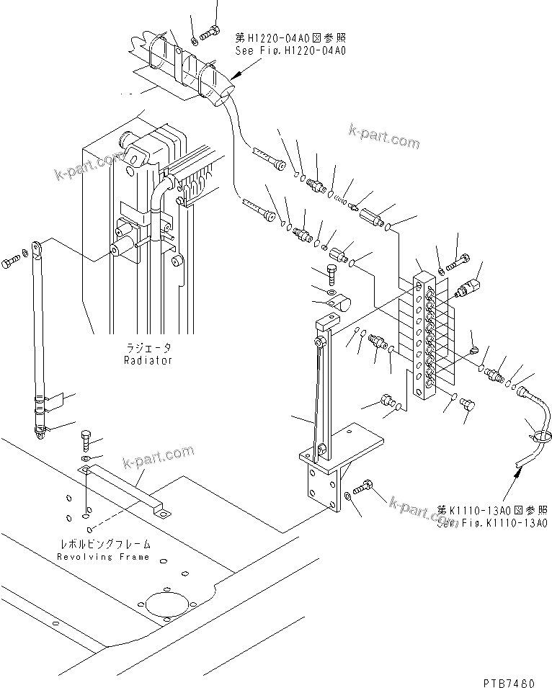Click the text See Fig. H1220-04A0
coord(291,51)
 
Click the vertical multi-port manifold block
coord(424,331)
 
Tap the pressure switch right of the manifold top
coord(469,287)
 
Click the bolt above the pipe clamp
coord(331,272)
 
